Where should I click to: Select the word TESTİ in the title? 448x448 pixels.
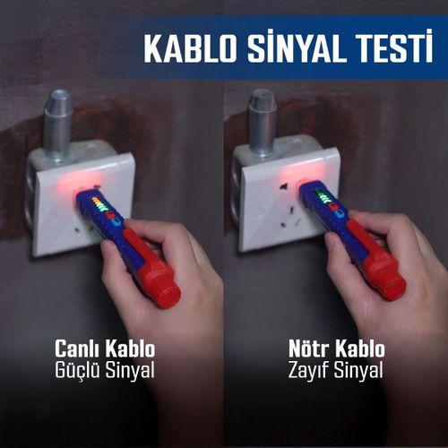pos(382,48)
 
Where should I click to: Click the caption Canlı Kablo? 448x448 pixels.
pos(105,348)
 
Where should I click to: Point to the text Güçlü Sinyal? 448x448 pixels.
pos(105,368)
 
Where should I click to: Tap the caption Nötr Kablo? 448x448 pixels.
pos(335,348)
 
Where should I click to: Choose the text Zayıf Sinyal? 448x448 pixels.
pos(335,368)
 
